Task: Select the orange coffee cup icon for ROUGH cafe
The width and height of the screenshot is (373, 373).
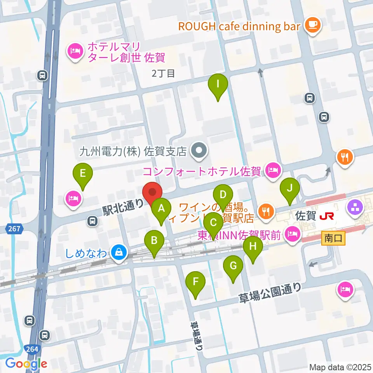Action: coord(312,26)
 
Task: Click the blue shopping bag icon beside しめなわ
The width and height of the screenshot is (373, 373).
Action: coord(118,253)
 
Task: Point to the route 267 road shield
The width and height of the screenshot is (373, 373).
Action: coord(14,229)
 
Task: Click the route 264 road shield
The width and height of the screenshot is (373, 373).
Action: coord(33,349)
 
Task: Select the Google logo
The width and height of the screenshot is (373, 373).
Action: coord(26,364)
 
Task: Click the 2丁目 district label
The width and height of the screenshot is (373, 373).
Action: coord(164,73)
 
